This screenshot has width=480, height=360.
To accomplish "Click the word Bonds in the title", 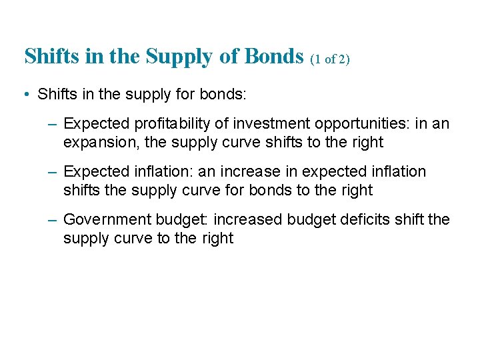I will click(275, 57).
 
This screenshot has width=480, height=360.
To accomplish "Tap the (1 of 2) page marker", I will click(330, 59).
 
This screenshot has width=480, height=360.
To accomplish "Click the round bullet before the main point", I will click(24, 94).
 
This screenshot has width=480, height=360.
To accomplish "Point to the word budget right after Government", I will click(180, 220).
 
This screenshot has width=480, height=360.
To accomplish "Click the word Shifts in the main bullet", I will click(57, 94).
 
